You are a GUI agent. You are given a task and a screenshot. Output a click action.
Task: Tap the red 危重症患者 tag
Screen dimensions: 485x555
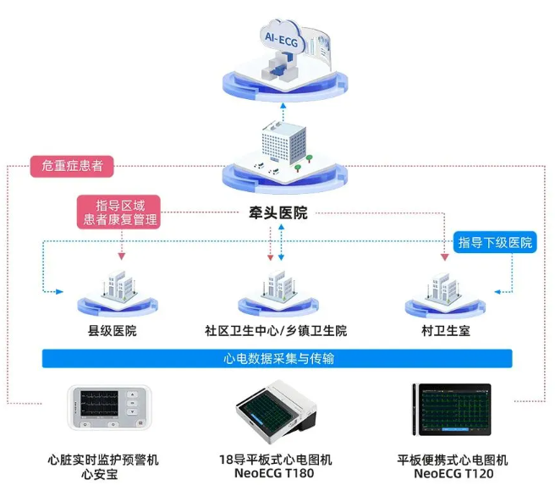[x=72, y=166]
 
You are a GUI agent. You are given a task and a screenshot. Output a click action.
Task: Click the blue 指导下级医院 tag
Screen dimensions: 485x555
[x=496, y=243]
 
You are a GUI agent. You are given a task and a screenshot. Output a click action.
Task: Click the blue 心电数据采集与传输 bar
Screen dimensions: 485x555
[x=276, y=359]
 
